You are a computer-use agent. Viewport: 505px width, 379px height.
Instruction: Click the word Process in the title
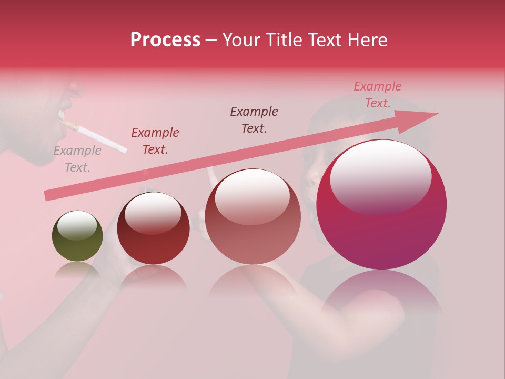(x=165, y=40)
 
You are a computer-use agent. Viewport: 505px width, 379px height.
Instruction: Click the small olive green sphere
(x=77, y=236)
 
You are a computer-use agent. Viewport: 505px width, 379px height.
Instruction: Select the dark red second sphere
(x=153, y=228)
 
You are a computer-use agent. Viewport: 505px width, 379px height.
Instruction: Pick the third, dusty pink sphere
(x=252, y=216)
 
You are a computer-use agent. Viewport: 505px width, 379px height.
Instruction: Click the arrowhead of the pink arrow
(x=421, y=120)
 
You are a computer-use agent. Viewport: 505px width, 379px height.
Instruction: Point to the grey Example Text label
(x=77, y=159)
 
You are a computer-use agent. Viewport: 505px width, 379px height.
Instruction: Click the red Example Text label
(x=155, y=141)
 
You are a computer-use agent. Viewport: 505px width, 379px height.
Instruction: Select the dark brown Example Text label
(x=254, y=119)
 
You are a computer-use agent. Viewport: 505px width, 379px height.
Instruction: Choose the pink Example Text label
(x=378, y=95)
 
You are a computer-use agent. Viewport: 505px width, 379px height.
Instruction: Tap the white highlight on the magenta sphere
(x=380, y=179)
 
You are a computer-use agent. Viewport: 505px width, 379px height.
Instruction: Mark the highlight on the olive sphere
(x=77, y=225)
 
